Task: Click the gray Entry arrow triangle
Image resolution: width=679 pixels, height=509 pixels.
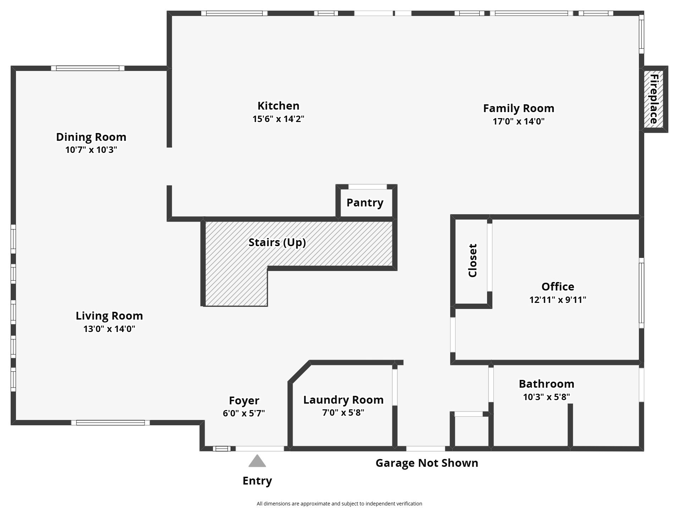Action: (257, 461)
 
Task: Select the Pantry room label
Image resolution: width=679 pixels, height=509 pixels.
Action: (365, 203)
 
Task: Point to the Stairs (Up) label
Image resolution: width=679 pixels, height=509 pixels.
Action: (277, 242)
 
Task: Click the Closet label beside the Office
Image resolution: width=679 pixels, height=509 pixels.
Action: (473, 260)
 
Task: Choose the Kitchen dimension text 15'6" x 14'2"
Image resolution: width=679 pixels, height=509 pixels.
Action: (278, 119)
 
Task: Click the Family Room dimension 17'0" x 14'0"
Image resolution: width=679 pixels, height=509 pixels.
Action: (518, 121)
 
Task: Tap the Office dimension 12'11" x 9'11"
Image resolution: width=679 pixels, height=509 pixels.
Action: (558, 300)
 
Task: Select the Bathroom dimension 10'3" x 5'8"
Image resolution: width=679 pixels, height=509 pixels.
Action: (546, 397)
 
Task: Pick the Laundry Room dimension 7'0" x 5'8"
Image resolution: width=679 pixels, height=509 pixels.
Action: (343, 413)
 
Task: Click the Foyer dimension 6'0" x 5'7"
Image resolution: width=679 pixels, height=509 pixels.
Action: (244, 413)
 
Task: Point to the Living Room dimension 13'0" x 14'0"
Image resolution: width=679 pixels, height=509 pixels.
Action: (109, 329)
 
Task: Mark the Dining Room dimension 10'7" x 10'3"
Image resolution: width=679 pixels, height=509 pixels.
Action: (91, 150)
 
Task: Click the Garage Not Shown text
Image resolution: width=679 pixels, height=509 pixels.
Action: (427, 463)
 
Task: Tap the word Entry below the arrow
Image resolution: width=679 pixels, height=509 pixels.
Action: (257, 481)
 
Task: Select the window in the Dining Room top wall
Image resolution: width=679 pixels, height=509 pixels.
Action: (88, 68)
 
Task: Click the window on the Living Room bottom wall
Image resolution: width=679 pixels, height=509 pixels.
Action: (110, 422)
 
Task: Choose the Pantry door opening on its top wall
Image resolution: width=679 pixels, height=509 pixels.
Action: (368, 187)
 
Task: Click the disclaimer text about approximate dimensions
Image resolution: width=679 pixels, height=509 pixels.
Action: (339, 504)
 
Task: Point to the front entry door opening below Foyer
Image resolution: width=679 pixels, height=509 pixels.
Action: (260, 449)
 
